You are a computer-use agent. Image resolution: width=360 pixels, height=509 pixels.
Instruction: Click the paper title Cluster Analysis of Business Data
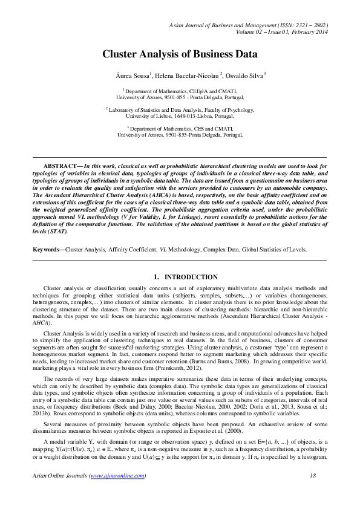(180, 54)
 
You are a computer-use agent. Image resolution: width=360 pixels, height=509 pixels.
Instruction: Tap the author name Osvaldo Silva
(244, 75)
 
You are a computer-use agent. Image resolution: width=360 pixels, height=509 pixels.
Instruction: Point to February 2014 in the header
(308, 34)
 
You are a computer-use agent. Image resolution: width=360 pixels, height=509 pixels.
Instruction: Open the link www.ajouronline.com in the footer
(117, 493)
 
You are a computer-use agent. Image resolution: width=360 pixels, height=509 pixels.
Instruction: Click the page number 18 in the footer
(313, 493)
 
